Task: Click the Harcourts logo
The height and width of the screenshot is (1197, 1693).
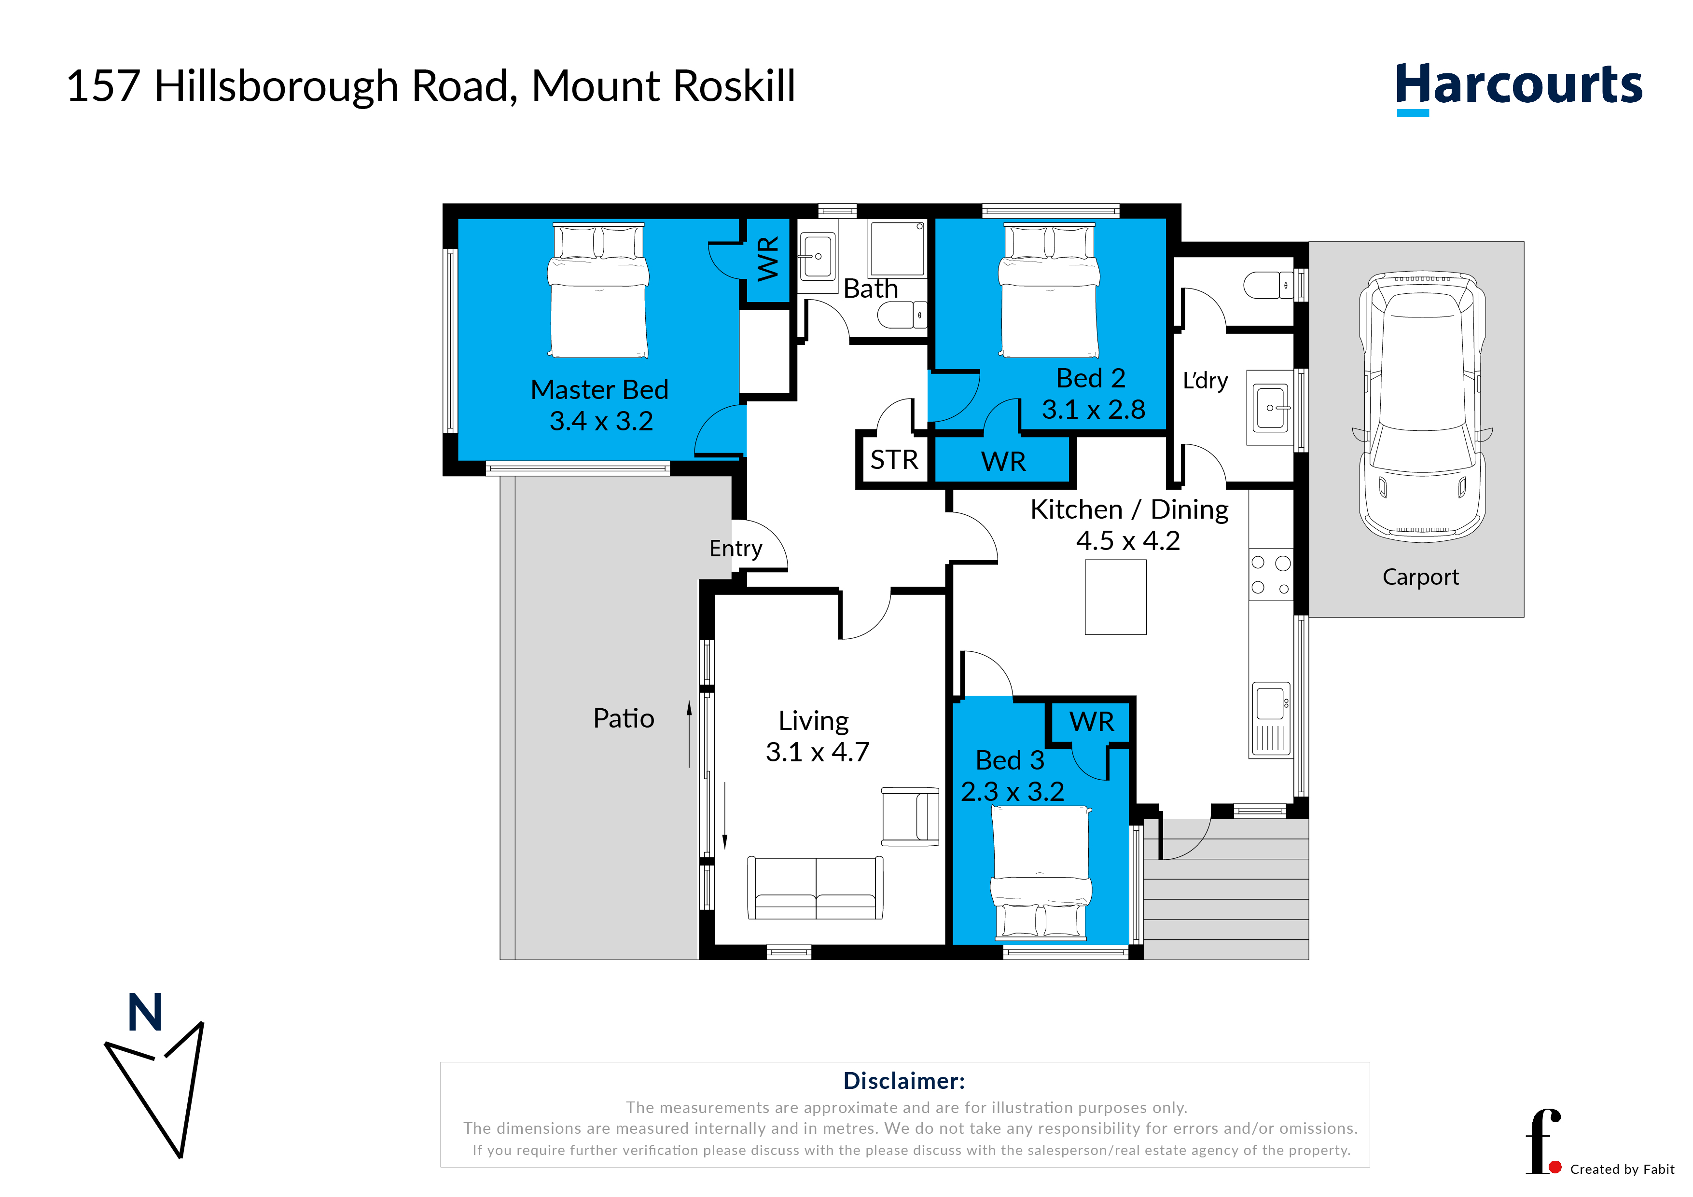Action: click(x=1519, y=88)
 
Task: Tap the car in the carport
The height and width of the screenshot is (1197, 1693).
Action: click(x=1422, y=407)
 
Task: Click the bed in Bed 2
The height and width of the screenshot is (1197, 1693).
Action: click(x=1049, y=290)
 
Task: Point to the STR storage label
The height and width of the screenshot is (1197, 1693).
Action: click(x=894, y=460)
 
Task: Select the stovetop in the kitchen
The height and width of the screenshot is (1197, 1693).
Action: click(x=1271, y=574)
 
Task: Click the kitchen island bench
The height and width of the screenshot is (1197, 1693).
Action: click(x=1116, y=597)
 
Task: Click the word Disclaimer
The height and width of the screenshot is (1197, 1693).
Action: click(x=904, y=1081)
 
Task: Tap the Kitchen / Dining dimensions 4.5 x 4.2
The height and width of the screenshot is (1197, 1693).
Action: click(x=1128, y=540)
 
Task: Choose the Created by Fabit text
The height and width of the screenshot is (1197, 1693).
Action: click(x=1622, y=1169)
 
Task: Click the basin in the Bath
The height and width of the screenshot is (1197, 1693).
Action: click(x=817, y=257)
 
